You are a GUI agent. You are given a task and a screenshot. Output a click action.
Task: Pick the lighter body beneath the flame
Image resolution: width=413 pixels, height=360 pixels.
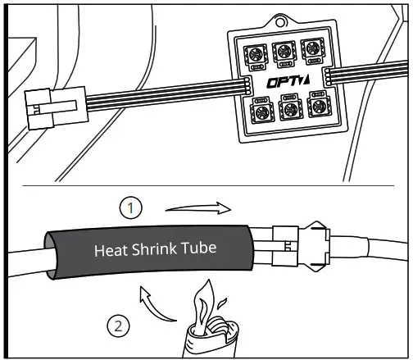click(208, 339)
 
